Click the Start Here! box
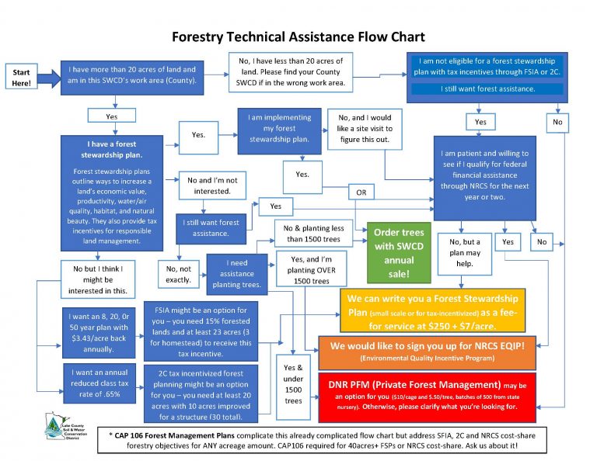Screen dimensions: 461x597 22,77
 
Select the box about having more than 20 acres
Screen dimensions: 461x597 133,75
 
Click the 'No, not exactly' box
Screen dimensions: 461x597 178,274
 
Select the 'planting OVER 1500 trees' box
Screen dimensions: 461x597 309,268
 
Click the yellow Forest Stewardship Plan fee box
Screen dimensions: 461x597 432,309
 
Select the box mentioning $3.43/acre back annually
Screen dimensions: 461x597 96,327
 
